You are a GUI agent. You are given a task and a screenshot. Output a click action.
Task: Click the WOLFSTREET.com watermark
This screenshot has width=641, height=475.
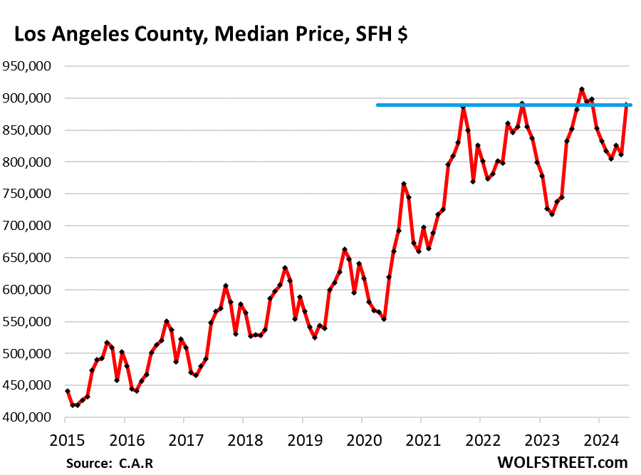click(x=565, y=461)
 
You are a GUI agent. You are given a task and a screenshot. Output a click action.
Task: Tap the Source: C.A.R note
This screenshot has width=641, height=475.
click(x=110, y=463)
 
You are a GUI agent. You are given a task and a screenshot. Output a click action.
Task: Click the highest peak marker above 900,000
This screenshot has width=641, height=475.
click(x=582, y=90)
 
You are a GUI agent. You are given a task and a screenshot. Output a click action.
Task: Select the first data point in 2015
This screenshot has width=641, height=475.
click(x=68, y=391)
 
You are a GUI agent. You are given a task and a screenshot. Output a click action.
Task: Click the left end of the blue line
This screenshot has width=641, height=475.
click(x=377, y=105)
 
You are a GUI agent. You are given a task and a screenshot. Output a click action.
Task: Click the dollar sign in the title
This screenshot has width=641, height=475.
click(x=402, y=34)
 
